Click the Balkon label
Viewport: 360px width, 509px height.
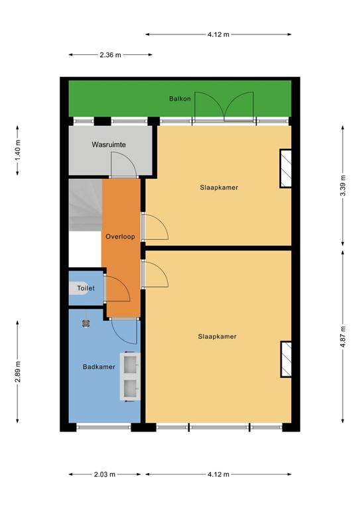[180, 99]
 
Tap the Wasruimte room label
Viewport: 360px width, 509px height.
[109, 144]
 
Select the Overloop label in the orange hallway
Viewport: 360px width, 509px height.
[120, 237]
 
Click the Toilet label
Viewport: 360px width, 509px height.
[86, 288]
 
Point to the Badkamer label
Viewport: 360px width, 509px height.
[99, 367]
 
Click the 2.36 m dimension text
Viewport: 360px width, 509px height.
[110, 55]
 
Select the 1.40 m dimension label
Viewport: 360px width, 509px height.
[17, 150]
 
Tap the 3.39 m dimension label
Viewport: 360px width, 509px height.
[343, 186]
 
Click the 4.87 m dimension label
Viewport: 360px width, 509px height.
[343, 337]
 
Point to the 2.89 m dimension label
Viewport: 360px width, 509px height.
[17, 372]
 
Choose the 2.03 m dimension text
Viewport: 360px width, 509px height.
[105, 475]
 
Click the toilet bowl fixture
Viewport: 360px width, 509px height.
[78, 288]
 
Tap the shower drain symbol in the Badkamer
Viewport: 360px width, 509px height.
[86, 323]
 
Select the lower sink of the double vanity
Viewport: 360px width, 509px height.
[131, 388]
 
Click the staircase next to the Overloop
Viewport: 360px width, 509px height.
[85, 205]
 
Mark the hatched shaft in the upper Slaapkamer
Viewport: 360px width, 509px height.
[286, 168]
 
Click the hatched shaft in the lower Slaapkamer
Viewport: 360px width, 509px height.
[286, 359]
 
